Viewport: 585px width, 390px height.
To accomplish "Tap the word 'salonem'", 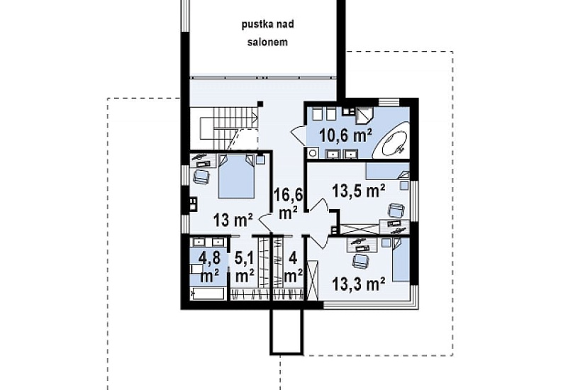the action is (x=268, y=42).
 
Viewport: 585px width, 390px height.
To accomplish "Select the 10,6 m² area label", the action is (x=346, y=136).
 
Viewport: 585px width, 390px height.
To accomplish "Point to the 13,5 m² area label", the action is (x=359, y=191).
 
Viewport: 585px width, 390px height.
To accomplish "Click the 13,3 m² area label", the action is (x=359, y=285).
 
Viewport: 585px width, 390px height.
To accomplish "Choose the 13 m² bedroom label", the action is (x=233, y=220).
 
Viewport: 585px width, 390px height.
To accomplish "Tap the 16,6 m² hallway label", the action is (x=288, y=204).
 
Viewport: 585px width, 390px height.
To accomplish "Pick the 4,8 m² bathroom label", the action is (x=209, y=267).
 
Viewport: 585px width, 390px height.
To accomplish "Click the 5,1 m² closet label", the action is (x=245, y=267).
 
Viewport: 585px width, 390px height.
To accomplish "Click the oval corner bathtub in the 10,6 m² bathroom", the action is (x=393, y=143).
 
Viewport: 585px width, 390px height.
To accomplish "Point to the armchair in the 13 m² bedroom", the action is (x=202, y=176).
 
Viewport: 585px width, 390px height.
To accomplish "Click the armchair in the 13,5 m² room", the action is (x=396, y=211).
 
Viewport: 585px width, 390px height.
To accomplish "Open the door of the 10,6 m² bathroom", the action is (x=299, y=133).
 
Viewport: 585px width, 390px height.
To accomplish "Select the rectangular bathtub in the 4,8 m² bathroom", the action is (x=207, y=293).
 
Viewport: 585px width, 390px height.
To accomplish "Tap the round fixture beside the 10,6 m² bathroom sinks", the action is (x=313, y=153).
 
